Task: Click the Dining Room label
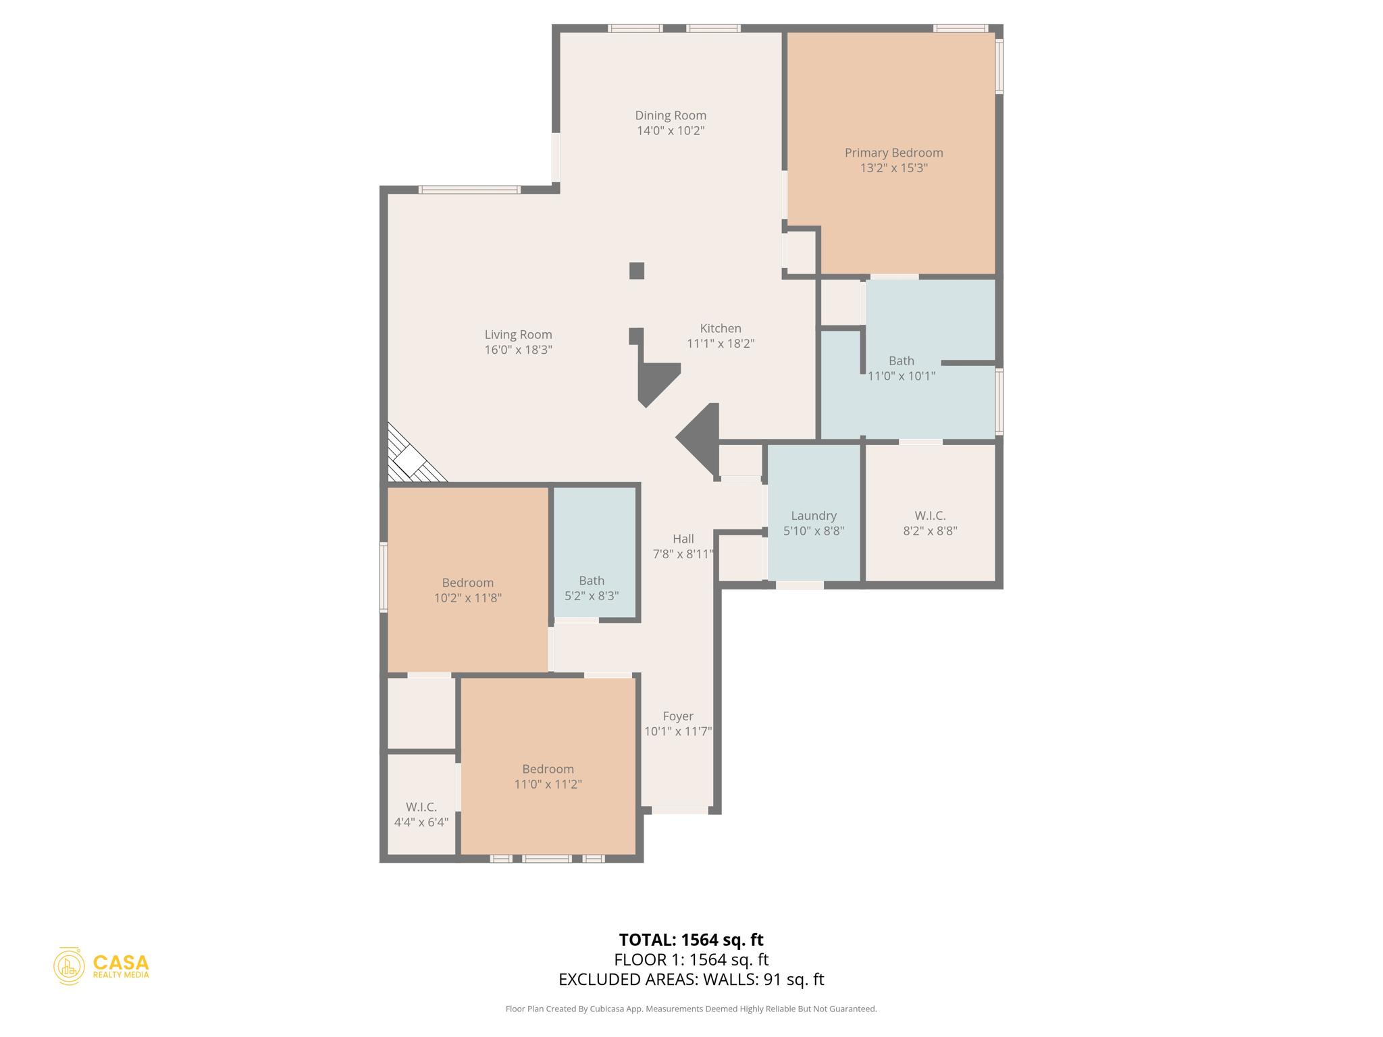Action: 671,115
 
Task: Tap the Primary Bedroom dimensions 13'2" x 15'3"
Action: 893,168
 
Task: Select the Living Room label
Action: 518,334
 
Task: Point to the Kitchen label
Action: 721,328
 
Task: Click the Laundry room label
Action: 814,515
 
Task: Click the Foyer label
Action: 678,716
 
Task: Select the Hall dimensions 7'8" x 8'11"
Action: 683,554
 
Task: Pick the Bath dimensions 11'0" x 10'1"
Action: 902,376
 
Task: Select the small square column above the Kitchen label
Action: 637,271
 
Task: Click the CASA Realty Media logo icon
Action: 69,966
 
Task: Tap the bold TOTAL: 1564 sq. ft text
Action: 691,940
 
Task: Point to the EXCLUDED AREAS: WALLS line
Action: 691,979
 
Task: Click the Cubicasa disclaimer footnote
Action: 691,1009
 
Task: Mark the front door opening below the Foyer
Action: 680,810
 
